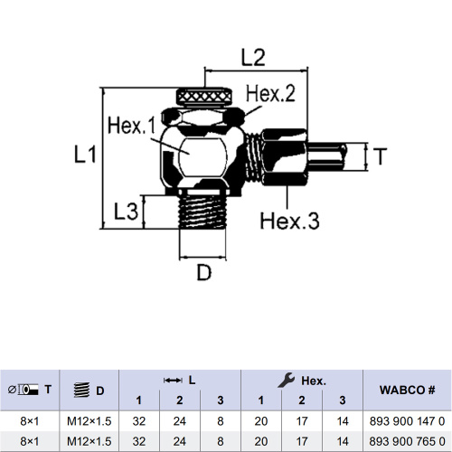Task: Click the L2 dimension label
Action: [253, 58]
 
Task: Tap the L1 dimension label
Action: [85, 155]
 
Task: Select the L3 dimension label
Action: [126, 212]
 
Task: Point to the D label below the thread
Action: [204, 272]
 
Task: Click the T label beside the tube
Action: [380, 156]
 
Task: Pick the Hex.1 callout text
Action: [132, 126]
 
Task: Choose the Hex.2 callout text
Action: [270, 93]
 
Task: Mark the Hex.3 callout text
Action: [289, 221]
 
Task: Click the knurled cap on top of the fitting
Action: [204, 96]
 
